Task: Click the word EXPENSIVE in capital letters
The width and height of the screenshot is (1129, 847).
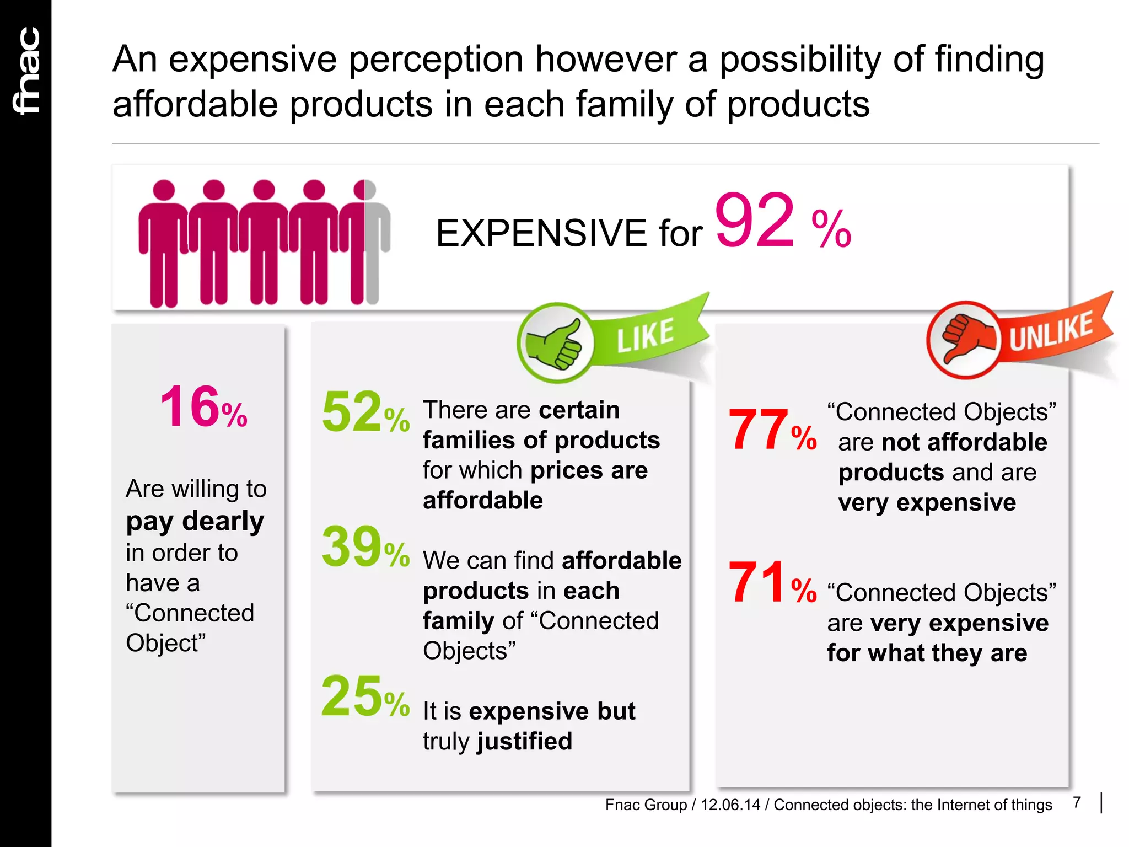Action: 541,233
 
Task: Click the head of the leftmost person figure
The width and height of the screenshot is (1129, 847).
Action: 163,190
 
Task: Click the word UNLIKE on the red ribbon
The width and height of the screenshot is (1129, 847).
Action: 1051,331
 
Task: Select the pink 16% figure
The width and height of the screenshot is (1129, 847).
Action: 203,407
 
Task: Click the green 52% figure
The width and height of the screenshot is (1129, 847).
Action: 365,412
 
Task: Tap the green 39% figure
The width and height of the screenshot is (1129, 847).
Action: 365,547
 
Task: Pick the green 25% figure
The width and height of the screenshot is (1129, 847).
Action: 365,697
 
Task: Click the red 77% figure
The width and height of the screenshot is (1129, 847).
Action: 772,430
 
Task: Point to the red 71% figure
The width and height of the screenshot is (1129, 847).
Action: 772,582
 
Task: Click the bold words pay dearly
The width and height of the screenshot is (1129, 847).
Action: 195,521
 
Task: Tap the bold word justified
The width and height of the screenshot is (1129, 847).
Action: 524,741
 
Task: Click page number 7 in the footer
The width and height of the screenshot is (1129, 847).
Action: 1077,802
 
